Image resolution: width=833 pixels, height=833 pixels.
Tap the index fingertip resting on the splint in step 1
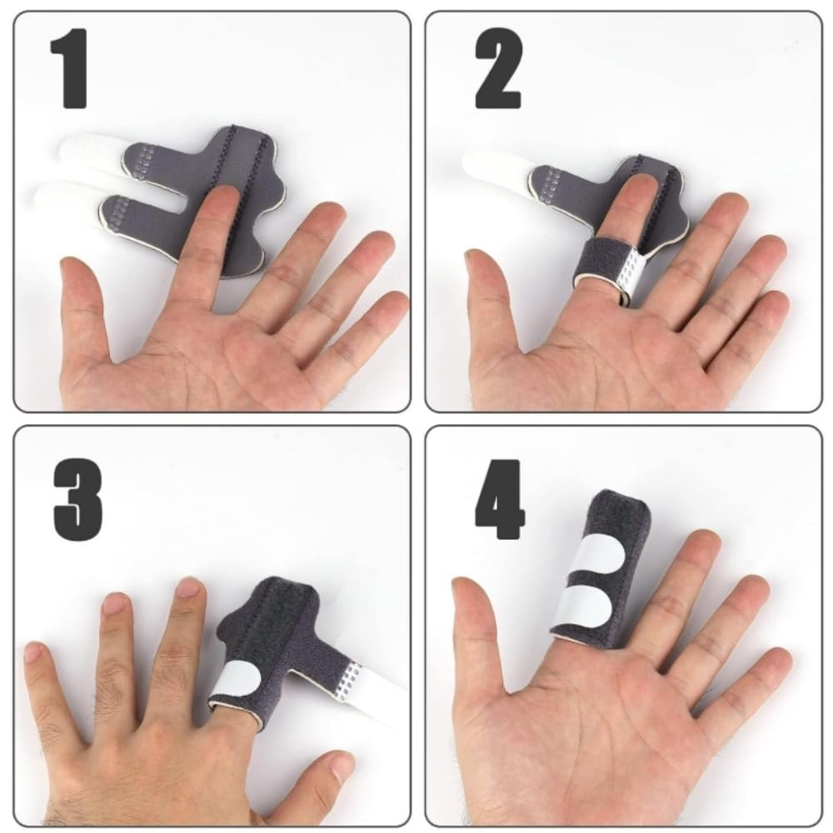[222, 201]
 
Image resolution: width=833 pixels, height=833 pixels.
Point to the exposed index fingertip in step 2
[631, 188]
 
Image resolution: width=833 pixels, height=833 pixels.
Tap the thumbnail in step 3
[342, 764]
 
